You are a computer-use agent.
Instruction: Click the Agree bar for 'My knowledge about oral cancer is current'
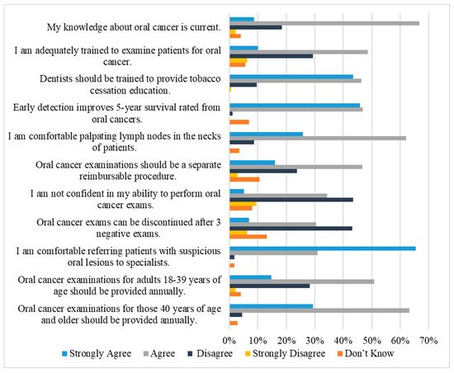[324, 23]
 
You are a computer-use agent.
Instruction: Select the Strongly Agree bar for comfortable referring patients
[323, 248]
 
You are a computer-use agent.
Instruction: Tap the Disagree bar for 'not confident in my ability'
[291, 200]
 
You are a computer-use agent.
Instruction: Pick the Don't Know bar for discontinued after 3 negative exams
[248, 237]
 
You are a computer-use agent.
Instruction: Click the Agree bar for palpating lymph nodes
[318, 139]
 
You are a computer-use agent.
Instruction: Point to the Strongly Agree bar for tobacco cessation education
[291, 77]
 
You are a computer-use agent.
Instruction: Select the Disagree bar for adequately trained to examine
[272, 56]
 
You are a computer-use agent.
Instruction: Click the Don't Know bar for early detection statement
[239, 122]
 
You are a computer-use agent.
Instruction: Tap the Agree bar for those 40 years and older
[319, 310]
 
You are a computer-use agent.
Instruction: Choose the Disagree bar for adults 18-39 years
[270, 286]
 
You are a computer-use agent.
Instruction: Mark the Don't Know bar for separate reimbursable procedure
[244, 179]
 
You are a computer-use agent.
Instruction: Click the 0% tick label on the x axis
[229, 341]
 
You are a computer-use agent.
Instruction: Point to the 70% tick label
[428, 341]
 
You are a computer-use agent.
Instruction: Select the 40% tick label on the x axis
[343, 341]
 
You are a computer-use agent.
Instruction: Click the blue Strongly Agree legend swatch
[64, 354]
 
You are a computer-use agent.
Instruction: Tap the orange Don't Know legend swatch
[340, 354]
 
